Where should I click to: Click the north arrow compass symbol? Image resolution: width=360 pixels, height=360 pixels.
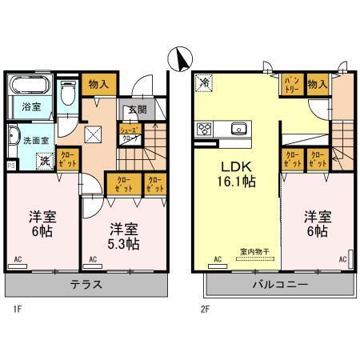click(x=181, y=59)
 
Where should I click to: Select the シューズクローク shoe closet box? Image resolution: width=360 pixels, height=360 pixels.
click(x=130, y=133)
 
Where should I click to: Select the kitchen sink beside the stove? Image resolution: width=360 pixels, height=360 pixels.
click(x=237, y=128)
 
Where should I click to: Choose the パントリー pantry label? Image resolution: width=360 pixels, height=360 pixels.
click(x=290, y=83)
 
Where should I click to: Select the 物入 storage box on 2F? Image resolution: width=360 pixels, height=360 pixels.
click(x=318, y=83)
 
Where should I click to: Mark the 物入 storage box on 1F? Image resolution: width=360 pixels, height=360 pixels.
click(x=99, y=82)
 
